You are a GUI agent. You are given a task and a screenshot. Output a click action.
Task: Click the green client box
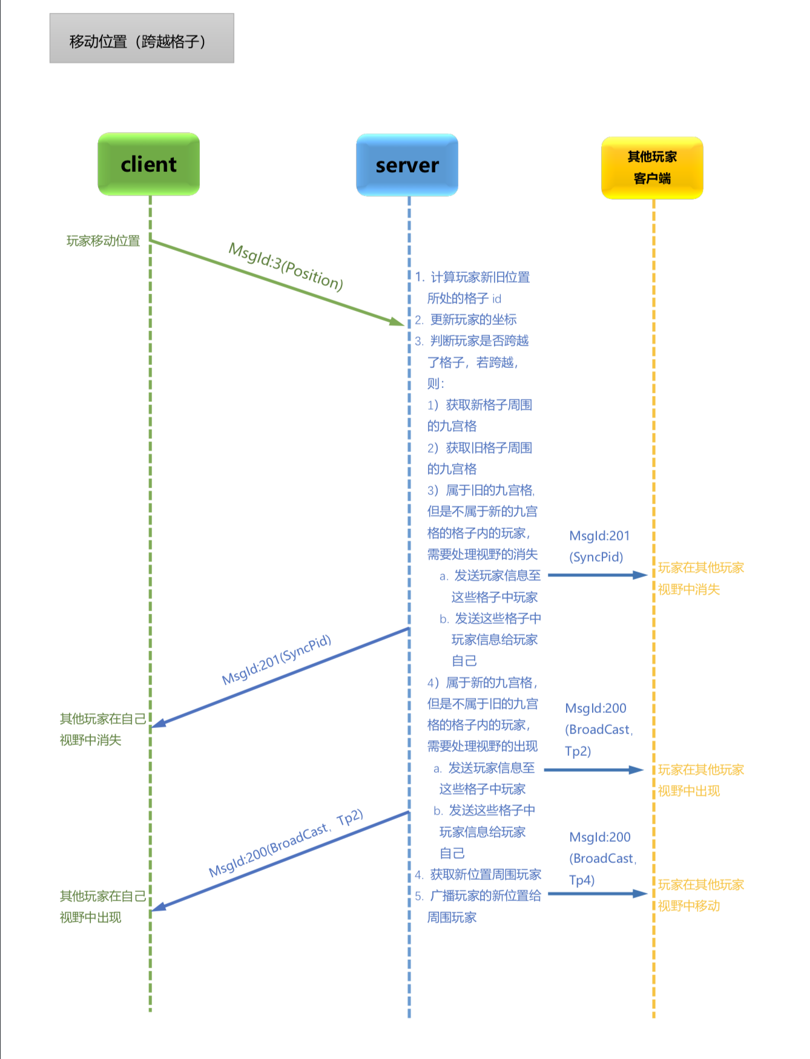coord(148,164)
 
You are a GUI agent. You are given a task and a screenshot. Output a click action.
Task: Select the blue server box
coord(407,165)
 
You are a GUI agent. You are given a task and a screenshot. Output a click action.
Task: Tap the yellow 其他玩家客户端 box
coord(652,168)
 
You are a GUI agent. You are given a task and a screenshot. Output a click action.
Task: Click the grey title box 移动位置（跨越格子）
coord(142,39)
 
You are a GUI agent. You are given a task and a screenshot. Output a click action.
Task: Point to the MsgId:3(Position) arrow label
coord(286,266)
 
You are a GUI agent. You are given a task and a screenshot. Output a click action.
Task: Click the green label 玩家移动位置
coord(103,241)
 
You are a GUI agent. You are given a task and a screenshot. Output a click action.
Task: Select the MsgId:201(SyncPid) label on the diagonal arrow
coord(277,660)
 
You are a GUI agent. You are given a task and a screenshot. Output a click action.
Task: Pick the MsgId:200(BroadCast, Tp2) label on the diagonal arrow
coord(286,843)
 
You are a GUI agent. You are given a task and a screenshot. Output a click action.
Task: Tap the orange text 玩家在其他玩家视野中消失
coord(700,579)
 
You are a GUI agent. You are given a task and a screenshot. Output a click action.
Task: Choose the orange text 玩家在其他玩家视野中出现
coord(700,780)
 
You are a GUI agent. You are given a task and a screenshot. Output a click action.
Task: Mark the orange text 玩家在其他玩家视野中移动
coord(700,895)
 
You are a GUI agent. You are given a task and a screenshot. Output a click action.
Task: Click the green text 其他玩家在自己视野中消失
coord(102,729)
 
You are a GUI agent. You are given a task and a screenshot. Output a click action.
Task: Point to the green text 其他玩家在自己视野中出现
coord(102,907)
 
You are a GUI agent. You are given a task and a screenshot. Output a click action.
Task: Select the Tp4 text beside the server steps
coord(582,880)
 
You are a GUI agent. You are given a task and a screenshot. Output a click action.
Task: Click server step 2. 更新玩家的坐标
coord(466,320)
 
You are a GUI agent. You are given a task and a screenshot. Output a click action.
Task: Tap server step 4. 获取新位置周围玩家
coord(478,874)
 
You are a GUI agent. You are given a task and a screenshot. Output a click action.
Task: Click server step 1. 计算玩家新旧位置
coord(472,277)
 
